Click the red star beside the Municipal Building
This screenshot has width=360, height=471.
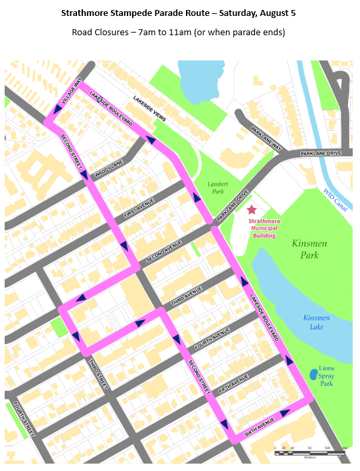pos(252,210)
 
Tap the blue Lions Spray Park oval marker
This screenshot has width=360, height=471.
pos(313,375)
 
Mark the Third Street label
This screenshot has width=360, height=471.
pos(98,373)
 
